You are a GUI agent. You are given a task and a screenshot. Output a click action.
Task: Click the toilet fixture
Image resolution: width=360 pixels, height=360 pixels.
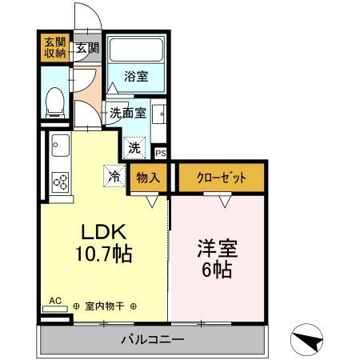click(x=55, y=102)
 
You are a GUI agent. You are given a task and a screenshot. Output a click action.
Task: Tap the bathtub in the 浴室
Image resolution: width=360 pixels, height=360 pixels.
click(x=136, y=50)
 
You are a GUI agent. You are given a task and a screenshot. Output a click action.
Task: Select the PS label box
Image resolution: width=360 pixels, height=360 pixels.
click(x=161, y=154)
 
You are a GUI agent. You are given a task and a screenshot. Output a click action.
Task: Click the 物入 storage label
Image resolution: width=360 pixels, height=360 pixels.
click(x=148, y=178)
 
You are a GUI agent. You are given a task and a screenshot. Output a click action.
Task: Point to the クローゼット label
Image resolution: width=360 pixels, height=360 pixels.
click(x=222, y=178)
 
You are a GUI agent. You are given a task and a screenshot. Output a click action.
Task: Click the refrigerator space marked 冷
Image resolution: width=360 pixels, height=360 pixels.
click(x=114, y=176)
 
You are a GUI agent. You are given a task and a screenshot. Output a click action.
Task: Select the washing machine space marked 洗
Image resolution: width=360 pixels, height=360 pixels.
click(x=134, y=148)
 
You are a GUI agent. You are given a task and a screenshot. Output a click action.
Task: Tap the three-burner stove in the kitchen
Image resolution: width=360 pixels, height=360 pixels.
click(x=60, y=182)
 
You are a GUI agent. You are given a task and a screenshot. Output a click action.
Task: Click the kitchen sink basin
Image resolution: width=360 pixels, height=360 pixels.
click(x=61, y=146)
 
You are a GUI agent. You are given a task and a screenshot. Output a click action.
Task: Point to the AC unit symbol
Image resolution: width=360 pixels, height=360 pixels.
click(x=55, y=309)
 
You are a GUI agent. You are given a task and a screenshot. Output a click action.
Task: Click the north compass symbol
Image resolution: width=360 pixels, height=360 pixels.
click(x=306, y=339)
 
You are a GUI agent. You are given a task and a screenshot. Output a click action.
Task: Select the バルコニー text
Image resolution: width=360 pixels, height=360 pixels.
click(x=153, y=339)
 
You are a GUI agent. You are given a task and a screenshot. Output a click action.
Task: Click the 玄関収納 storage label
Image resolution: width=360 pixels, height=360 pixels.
click(x=55, y=48)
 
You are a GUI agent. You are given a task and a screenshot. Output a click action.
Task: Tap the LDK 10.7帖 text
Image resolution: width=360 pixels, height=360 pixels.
click(x=104, y=242)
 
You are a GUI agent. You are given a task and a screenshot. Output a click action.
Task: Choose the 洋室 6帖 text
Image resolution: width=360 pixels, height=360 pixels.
click(x=217, y=259)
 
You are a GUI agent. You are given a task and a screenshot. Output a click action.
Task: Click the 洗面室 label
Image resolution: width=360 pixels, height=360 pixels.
click(x=128, y=114)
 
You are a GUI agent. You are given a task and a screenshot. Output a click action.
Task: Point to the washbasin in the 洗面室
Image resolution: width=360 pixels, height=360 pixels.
click(x=159, y=114)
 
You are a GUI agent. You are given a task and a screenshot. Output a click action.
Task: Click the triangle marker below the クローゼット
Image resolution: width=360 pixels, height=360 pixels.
click(x=225, y=202)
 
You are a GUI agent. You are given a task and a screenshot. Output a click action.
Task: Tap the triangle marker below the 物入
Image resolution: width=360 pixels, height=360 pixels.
click(x=152, y=202)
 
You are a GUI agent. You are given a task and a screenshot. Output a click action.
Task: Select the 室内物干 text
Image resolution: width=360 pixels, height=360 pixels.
click(x=105, y=306)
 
